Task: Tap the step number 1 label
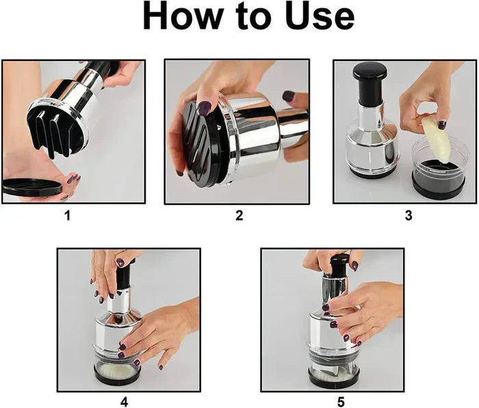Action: pyautogui.click(x=67, y=216)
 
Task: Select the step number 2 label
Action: pyautogui.click(x=239, y=216)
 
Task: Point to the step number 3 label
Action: pyautogui.click(x=409, y=216)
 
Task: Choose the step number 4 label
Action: pyautogui.click(x=124, y=402)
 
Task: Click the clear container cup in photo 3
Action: pyautogui.click(x=438, y=171)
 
